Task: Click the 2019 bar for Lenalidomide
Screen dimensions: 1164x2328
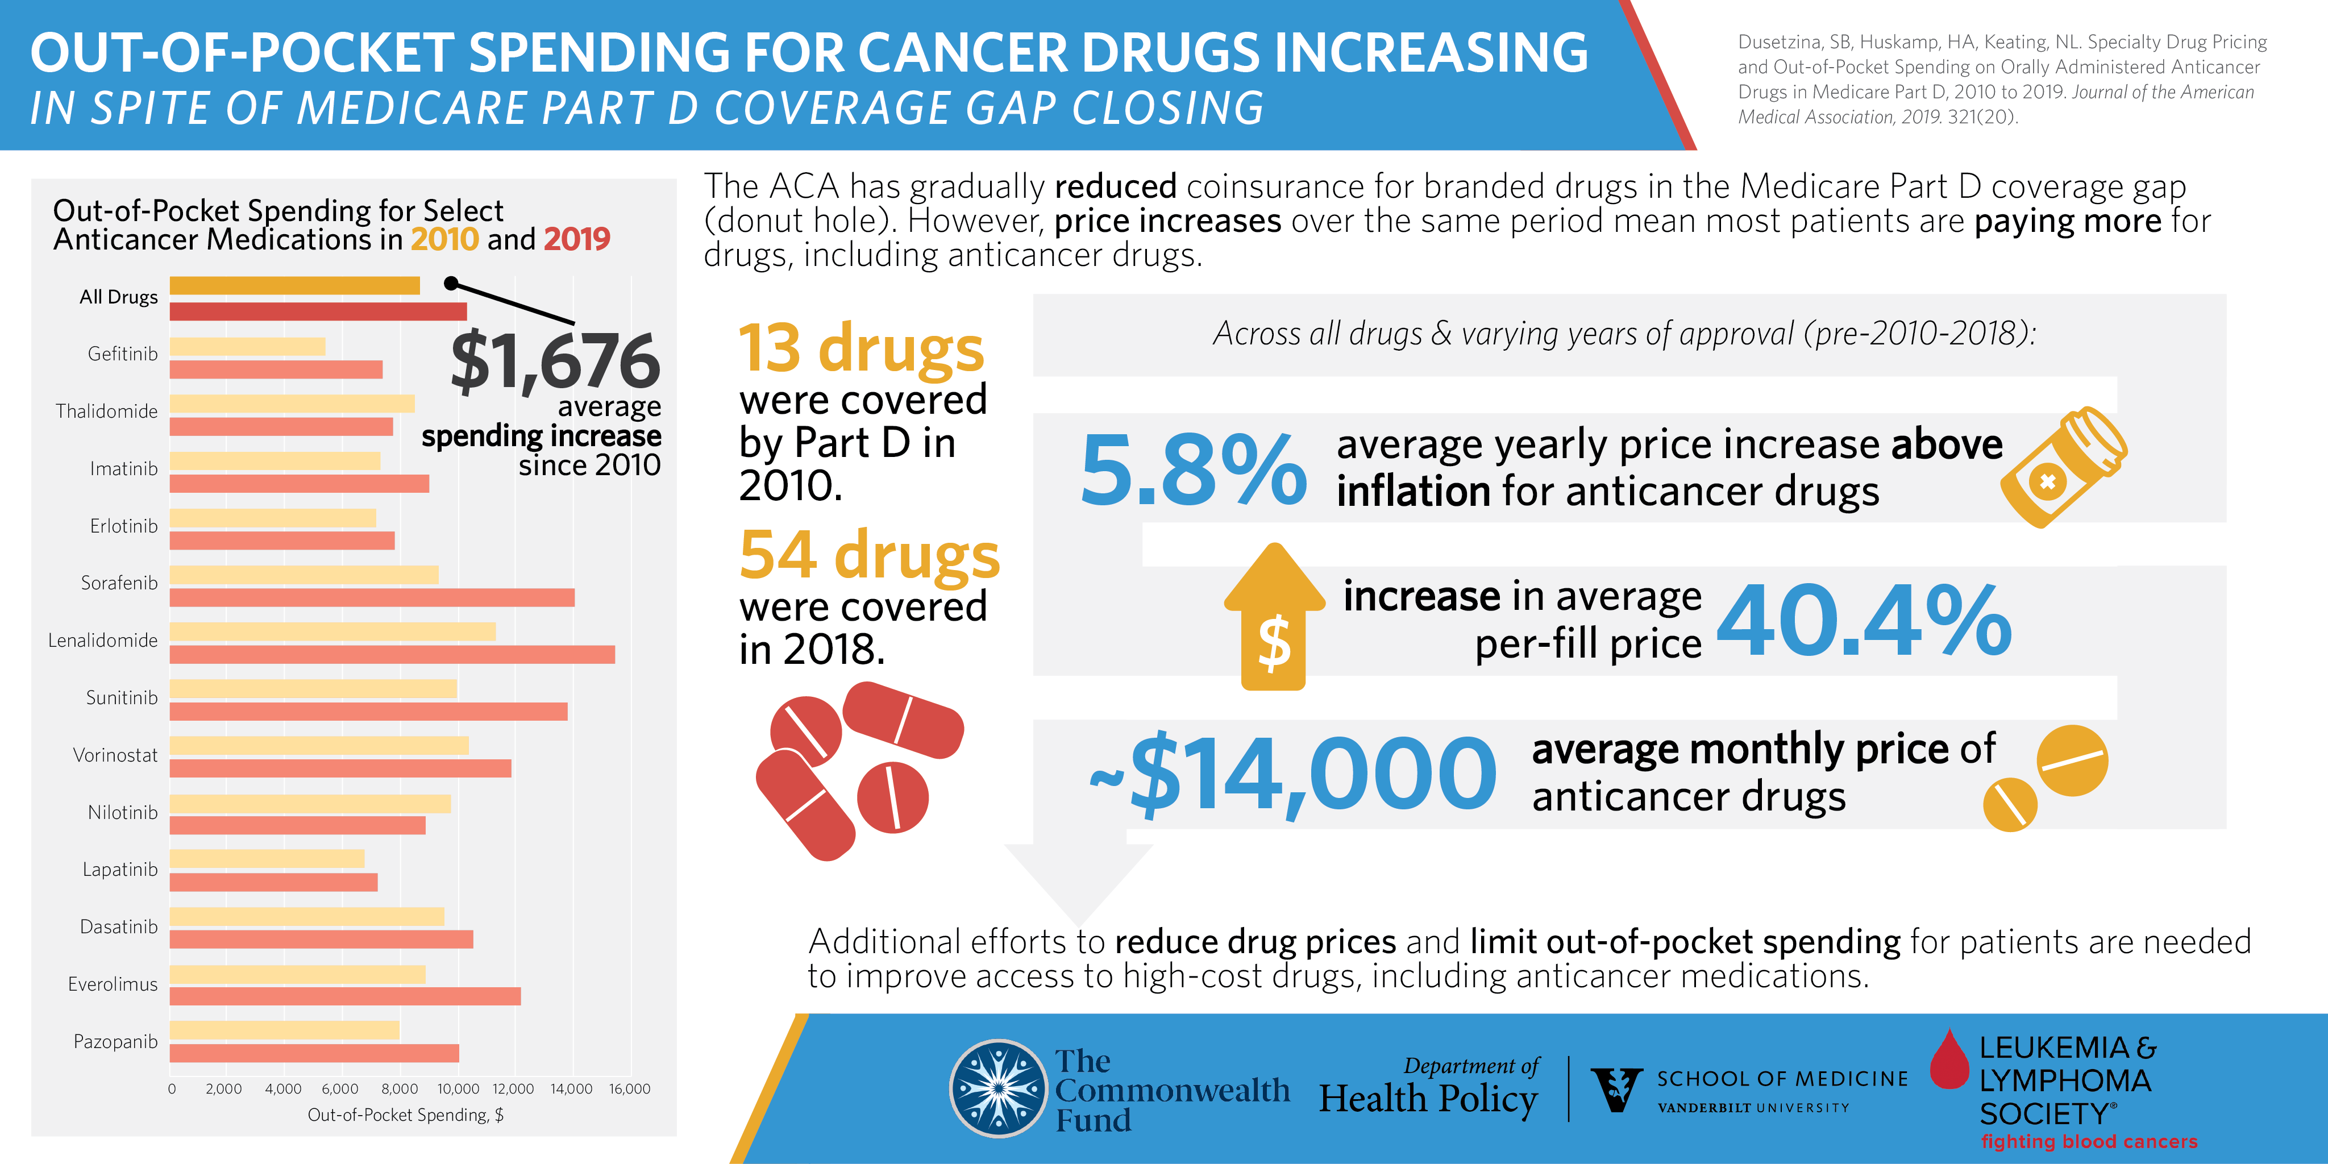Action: click(392, 654)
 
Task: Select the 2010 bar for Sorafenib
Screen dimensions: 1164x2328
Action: click(304, 575)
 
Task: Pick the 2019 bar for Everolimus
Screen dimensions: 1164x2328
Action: click(345, 996)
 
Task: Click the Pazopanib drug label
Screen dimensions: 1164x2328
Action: click(116, 1041)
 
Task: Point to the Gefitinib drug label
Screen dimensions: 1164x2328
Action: click(122, 354)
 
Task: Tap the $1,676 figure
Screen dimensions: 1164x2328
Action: click(555, 361)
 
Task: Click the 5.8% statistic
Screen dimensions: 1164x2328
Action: click(1193, 470)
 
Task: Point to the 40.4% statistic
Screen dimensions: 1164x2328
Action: click(1864, 622)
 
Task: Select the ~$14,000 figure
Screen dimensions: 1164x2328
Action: click(1292, 775)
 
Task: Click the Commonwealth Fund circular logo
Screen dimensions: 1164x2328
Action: click(999, 1088)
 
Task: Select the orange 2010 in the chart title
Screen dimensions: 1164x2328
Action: click(444, 239)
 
